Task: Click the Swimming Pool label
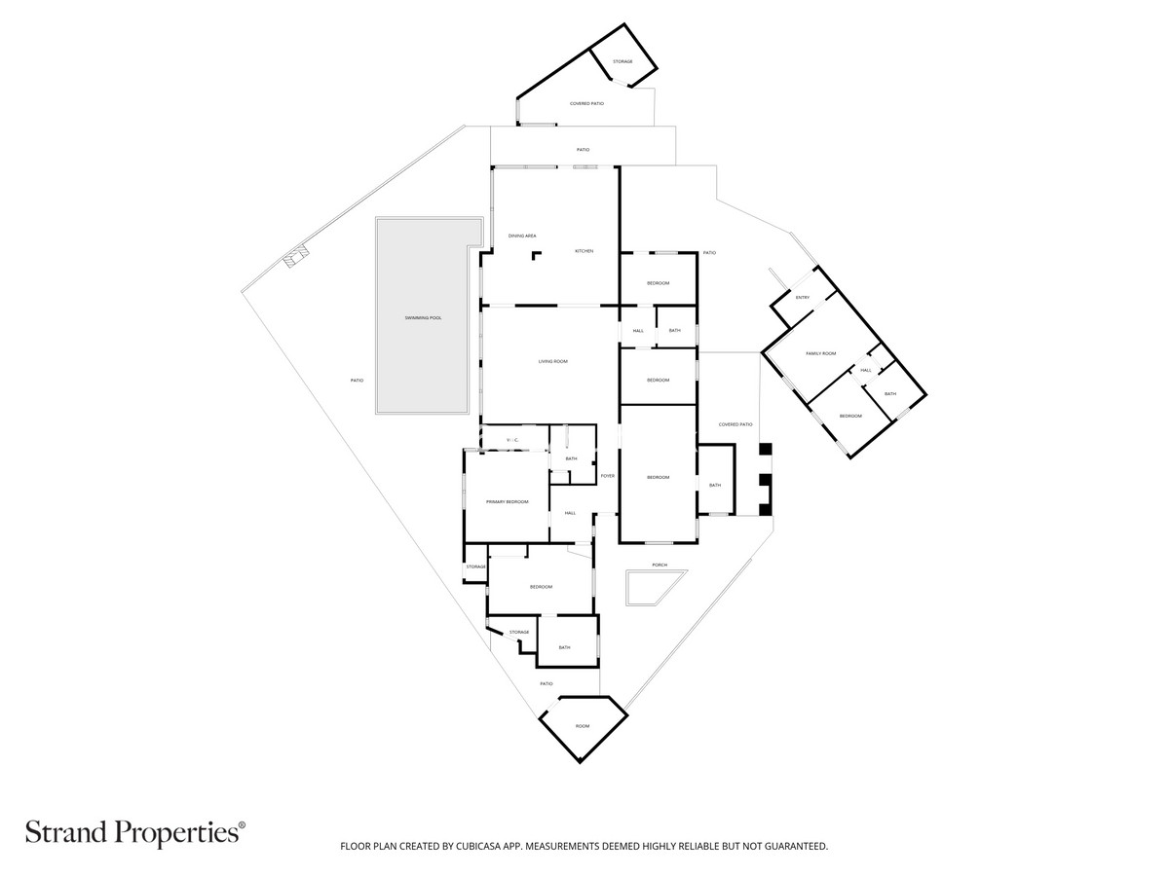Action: (x=424, y=318)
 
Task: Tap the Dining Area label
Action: (x=522, y=236)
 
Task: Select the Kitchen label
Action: (x=584, y=251)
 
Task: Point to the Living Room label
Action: (x=552, y=361)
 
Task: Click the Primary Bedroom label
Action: (x=507, y=501)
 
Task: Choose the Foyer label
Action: (x=607, y=476)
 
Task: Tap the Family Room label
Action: (x=820, y=353)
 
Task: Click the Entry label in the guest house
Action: (x=802, y=297)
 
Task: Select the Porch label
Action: (x=660, y=565)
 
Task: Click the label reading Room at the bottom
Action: (x=583, y=726)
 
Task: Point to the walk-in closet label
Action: (x=512, y=441)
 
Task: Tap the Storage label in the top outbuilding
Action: (x=622, y=61)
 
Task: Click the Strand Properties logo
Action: (x=134, y=832)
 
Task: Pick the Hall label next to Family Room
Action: (x=865, y=370)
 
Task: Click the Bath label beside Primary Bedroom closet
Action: (x=571, y=458)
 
